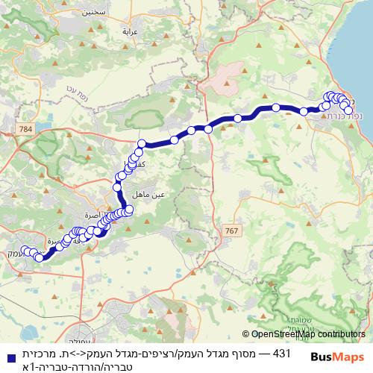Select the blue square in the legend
click(7, 354)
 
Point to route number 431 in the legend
click(282, 353)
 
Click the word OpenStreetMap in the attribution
click(283, 335)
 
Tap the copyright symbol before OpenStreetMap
click(245, 335)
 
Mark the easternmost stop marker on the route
click(348, 110)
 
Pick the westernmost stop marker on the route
click(25, 251)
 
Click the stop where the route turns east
click(142, 144)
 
